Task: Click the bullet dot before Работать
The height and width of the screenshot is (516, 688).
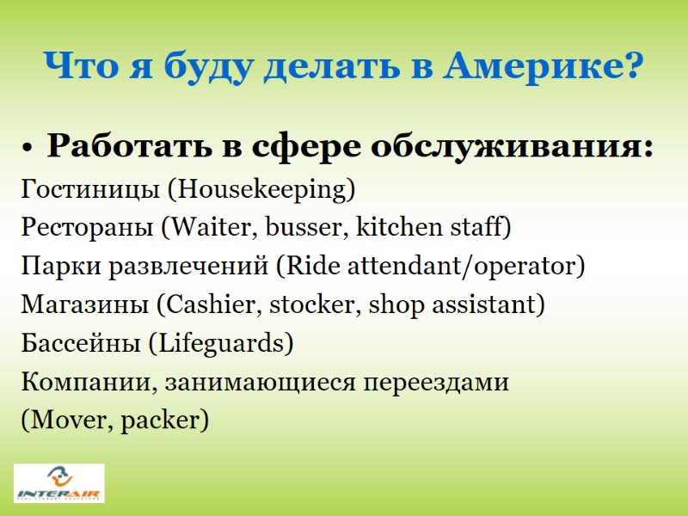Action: click(29, 149)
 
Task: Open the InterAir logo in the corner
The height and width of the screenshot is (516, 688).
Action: click(59, 483)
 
